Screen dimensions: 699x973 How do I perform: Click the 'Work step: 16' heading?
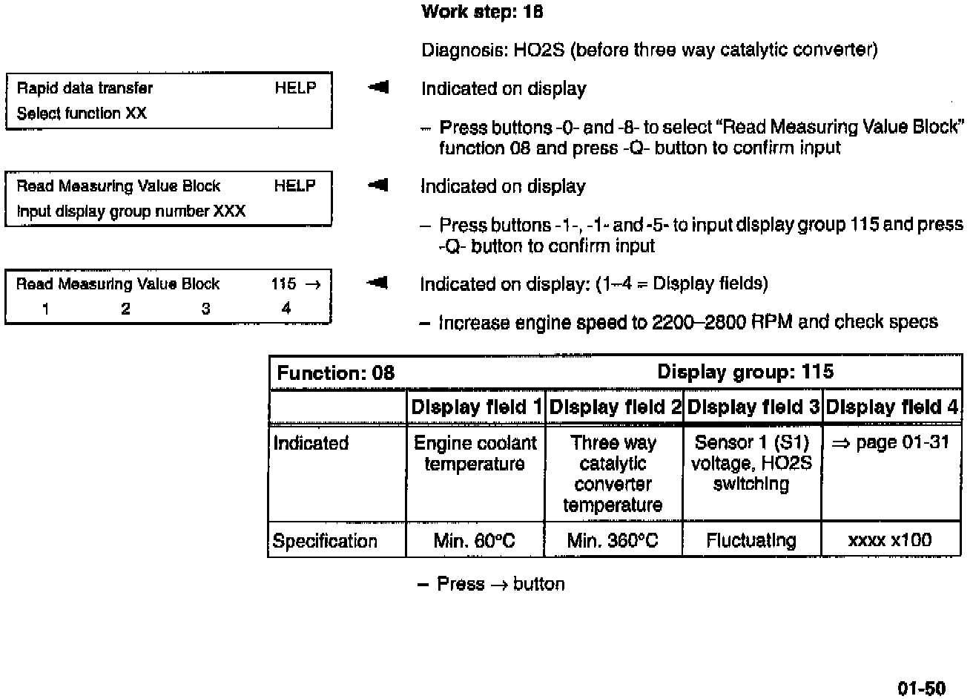tap(482, 12)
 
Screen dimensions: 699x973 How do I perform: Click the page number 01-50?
tap(922, 688)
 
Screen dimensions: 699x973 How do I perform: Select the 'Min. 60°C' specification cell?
tap(474, 541)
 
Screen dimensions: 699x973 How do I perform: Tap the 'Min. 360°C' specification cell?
tap(612, 541)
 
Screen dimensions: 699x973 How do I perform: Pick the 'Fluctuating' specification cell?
tap(751, 541)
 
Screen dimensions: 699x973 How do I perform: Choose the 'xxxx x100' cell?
tap(889, 540)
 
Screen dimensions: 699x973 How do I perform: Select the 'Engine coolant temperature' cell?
tap(475, 453)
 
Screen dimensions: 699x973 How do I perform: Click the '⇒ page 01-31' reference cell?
tap(890, 443)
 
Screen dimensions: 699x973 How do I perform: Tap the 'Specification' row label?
tap(325, 541)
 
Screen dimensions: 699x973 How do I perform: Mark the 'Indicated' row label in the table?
tap(311, 443)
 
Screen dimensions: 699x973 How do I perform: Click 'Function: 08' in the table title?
tap(335, 373)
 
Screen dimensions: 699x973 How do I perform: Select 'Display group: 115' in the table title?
tap(745, 372)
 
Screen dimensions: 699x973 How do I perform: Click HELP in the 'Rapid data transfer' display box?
tap(295, 88)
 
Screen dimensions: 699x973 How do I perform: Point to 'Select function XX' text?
tap(82, 114)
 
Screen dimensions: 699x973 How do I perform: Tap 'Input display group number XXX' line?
tap(131, 211)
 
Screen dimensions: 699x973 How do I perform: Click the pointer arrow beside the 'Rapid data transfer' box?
tap(378, 88)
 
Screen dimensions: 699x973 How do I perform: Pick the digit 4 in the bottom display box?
tap(286, 309)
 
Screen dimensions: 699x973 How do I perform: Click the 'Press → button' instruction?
tap(500, 584)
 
